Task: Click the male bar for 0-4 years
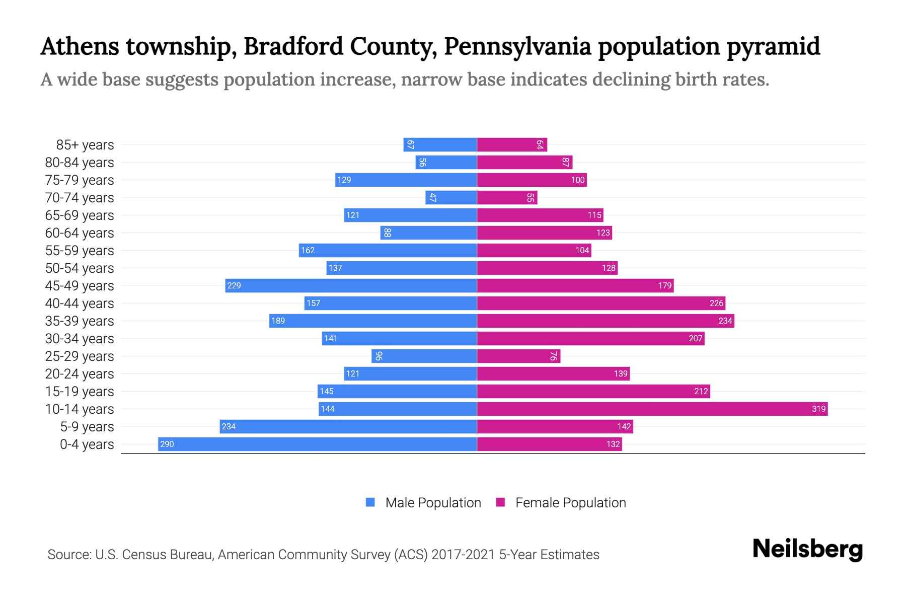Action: coord(317,444)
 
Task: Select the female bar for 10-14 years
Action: coord(652,409)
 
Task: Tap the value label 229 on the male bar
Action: coord(234,285)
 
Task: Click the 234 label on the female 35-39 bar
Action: coord(725,321)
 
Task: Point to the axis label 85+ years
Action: coord(85,145)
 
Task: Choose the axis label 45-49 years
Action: coord(80,286)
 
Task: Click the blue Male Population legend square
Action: coord(370,502)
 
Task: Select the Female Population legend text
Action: coord(570,503)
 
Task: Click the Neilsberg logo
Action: coord(807,549)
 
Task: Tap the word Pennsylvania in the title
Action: coord(517,46)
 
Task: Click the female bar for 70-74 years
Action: coord(507,197)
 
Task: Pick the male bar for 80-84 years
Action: coord(446,162)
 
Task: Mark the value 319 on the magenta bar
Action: coord(818,409)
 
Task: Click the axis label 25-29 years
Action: coord(80,356)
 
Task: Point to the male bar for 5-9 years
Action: coord(348,426)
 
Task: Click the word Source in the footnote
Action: coord(69,555)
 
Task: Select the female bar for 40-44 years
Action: coord(601,303)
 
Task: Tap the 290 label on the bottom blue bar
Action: coord(167,444)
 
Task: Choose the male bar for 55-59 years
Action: coord(388,250)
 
